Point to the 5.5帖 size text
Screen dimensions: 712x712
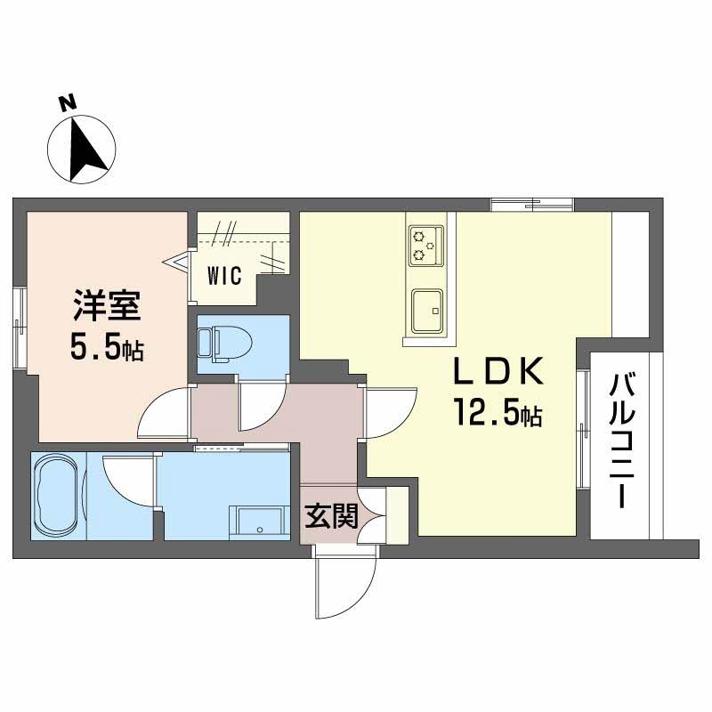[107, 348]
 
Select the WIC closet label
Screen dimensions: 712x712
[225, 276]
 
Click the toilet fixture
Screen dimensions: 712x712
[226, 344]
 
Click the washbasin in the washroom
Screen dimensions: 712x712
[259, 522]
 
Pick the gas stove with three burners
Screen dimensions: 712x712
[426, 246]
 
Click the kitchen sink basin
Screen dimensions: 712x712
[427, 311]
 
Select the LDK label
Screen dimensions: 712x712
[498, 371]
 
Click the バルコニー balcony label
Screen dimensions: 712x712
[622, 440]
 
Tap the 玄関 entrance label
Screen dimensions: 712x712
[331, 516]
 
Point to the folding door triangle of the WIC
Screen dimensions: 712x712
[176, 262]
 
